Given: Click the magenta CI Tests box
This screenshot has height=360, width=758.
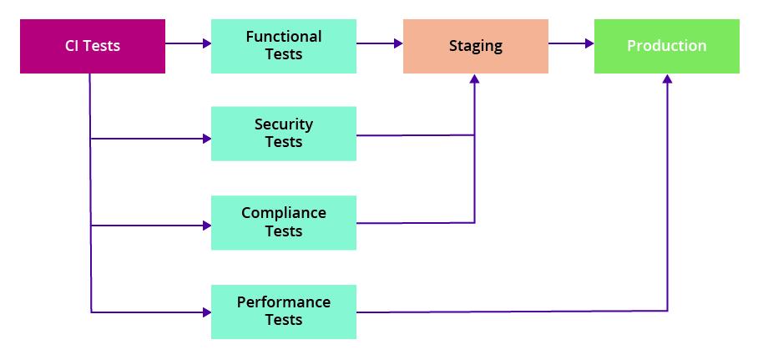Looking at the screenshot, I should pyautogui.click(x=93, y=46).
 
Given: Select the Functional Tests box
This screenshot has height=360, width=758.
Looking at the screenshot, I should pyautogui.click(x=283, y=46).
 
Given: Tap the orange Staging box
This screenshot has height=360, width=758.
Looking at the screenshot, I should pyautogui.click(x=475, y=46).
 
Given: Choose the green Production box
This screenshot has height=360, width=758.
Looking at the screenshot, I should pyautogui.click(x=666, y=46).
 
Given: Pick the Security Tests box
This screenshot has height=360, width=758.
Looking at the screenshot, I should pyautogui.click(x=283, y=134).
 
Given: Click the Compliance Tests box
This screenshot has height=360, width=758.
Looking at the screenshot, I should pyautogui.click(x=283, y=222).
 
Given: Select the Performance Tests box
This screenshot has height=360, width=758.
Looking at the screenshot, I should pyautogui.click(x=283, y=312).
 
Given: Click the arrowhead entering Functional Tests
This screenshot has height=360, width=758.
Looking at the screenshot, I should pyautogui.click(x=206, y=43).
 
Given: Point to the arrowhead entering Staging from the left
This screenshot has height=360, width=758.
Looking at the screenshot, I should pyautogui.click(x=398, y=43).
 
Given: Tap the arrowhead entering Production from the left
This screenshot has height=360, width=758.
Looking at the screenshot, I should pyautogui.click(x=589, y=43).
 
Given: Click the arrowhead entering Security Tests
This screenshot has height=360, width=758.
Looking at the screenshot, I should pyautogui.click(x=206, y=139).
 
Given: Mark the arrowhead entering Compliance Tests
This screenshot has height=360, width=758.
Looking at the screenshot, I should pyautogui.click(x=206, y=226).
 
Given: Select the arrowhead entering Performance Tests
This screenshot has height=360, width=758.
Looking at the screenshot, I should pyautogui.click(x=206, y=312).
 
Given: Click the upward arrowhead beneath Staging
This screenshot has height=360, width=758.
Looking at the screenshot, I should pyautogui.click(x=475, y=79).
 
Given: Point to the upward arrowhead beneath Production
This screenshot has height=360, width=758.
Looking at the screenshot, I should pyautogui.click(x=667, y=79).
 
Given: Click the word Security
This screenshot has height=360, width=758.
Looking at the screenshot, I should pyautogui.click(x=283, y=124).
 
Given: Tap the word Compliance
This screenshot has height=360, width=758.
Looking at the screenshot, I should pyautogui.click(x=283, y=213).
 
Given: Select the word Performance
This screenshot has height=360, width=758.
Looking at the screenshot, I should pyautogui.click(x=283, y=302).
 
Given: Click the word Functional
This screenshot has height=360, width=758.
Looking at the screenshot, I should pyautogui.click(x=283, y=37).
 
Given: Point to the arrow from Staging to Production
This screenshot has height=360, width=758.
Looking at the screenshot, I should pyautogui.click(x=570, y=43).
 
